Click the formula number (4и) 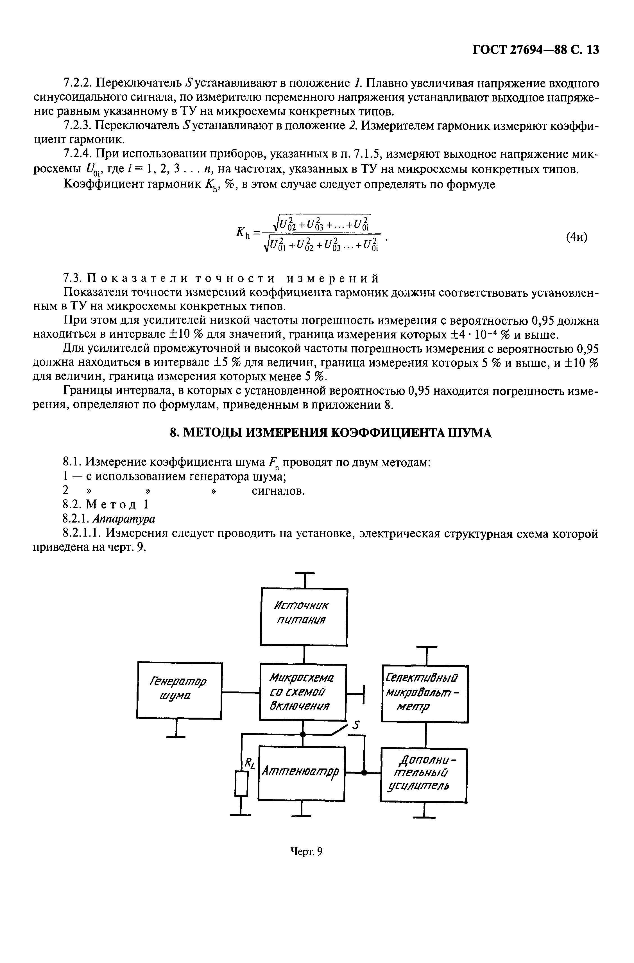[577, 236]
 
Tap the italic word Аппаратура [124, 518]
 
